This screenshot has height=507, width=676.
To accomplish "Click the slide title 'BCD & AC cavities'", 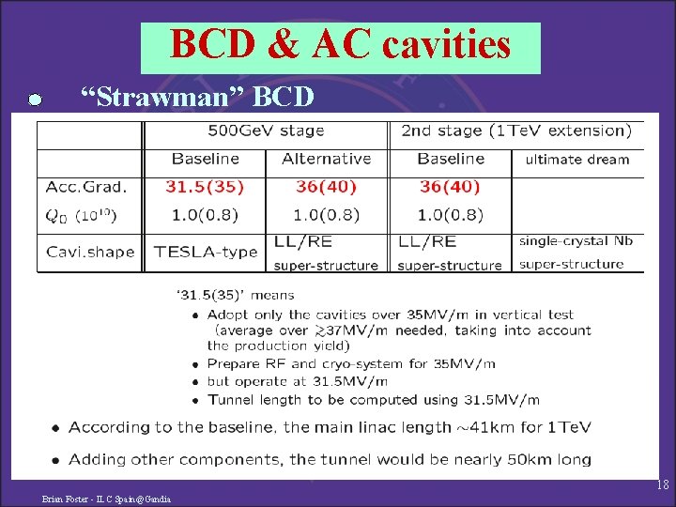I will pyautogui.click(x=340, y=45).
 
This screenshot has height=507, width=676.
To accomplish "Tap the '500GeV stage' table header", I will pyautogui.click(x=266, y=131).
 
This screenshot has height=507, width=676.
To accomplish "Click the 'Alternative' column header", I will pyautogui.click(x=326, y=159).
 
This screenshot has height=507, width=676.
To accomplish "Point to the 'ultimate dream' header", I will pyautogui.click(x=576, y=160).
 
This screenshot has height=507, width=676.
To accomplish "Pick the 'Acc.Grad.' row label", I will pyautogui.click(x=85, y=187).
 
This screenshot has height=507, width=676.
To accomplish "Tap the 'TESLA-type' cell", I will pyautogui.click(x=205, y=252).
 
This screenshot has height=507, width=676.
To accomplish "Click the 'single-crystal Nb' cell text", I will pyautogui.click(x=576, y=241).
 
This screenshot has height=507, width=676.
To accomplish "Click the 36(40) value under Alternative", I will pyautogui.click(x=326, y=187).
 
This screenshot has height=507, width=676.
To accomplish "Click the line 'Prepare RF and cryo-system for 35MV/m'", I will pyautogui.click(x=351, y=364).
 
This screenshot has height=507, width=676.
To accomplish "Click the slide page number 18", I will pyautogui.click(x=662, y=485).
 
